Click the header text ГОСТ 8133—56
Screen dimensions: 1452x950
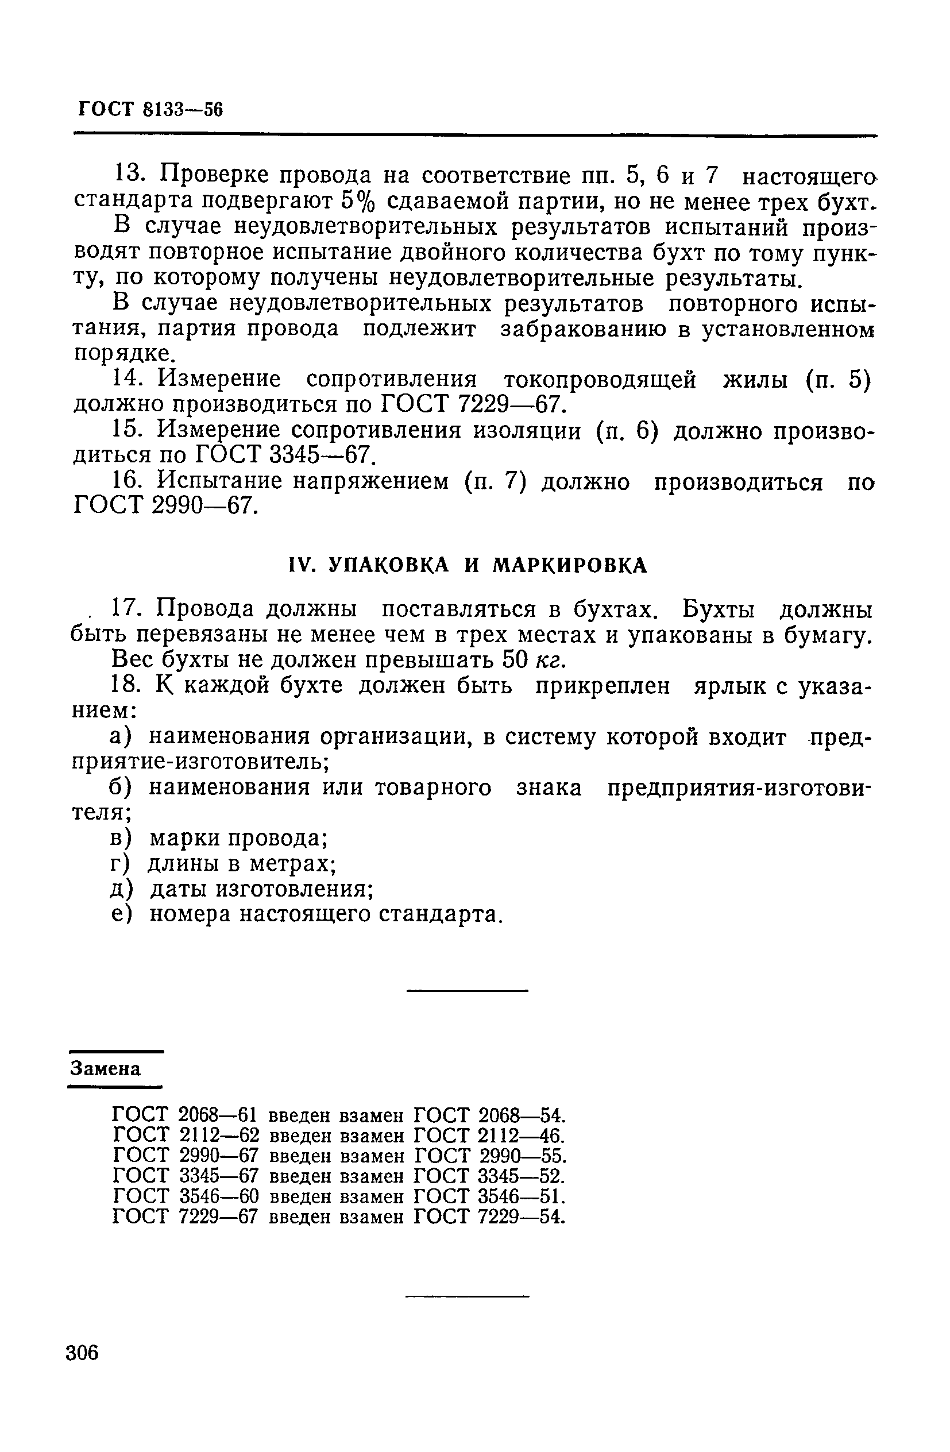150,110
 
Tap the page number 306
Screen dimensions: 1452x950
82,1353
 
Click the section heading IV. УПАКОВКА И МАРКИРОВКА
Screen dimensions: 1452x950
467,566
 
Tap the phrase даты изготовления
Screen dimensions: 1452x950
261,889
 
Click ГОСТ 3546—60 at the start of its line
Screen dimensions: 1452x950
186,1196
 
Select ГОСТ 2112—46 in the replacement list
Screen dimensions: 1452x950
489,1137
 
